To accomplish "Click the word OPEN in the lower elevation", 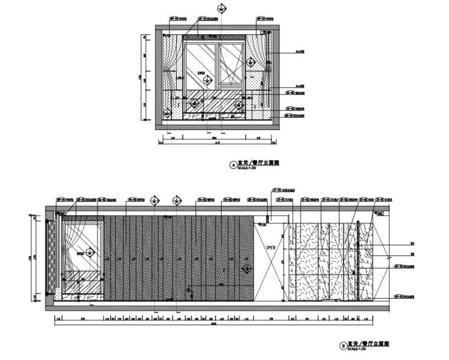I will (271, 247).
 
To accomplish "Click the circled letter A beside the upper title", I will (232, 165).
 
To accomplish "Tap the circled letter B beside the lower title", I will (342, 344).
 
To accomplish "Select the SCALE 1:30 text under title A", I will (246, 168).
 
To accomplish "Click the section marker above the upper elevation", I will (222, 8).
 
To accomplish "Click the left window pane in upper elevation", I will (201, 65).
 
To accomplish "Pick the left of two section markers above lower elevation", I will (155, 201).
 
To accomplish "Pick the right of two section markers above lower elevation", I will (175, 201).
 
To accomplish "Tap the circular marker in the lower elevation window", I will (90, 253).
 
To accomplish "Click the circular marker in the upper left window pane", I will (207, 80).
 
